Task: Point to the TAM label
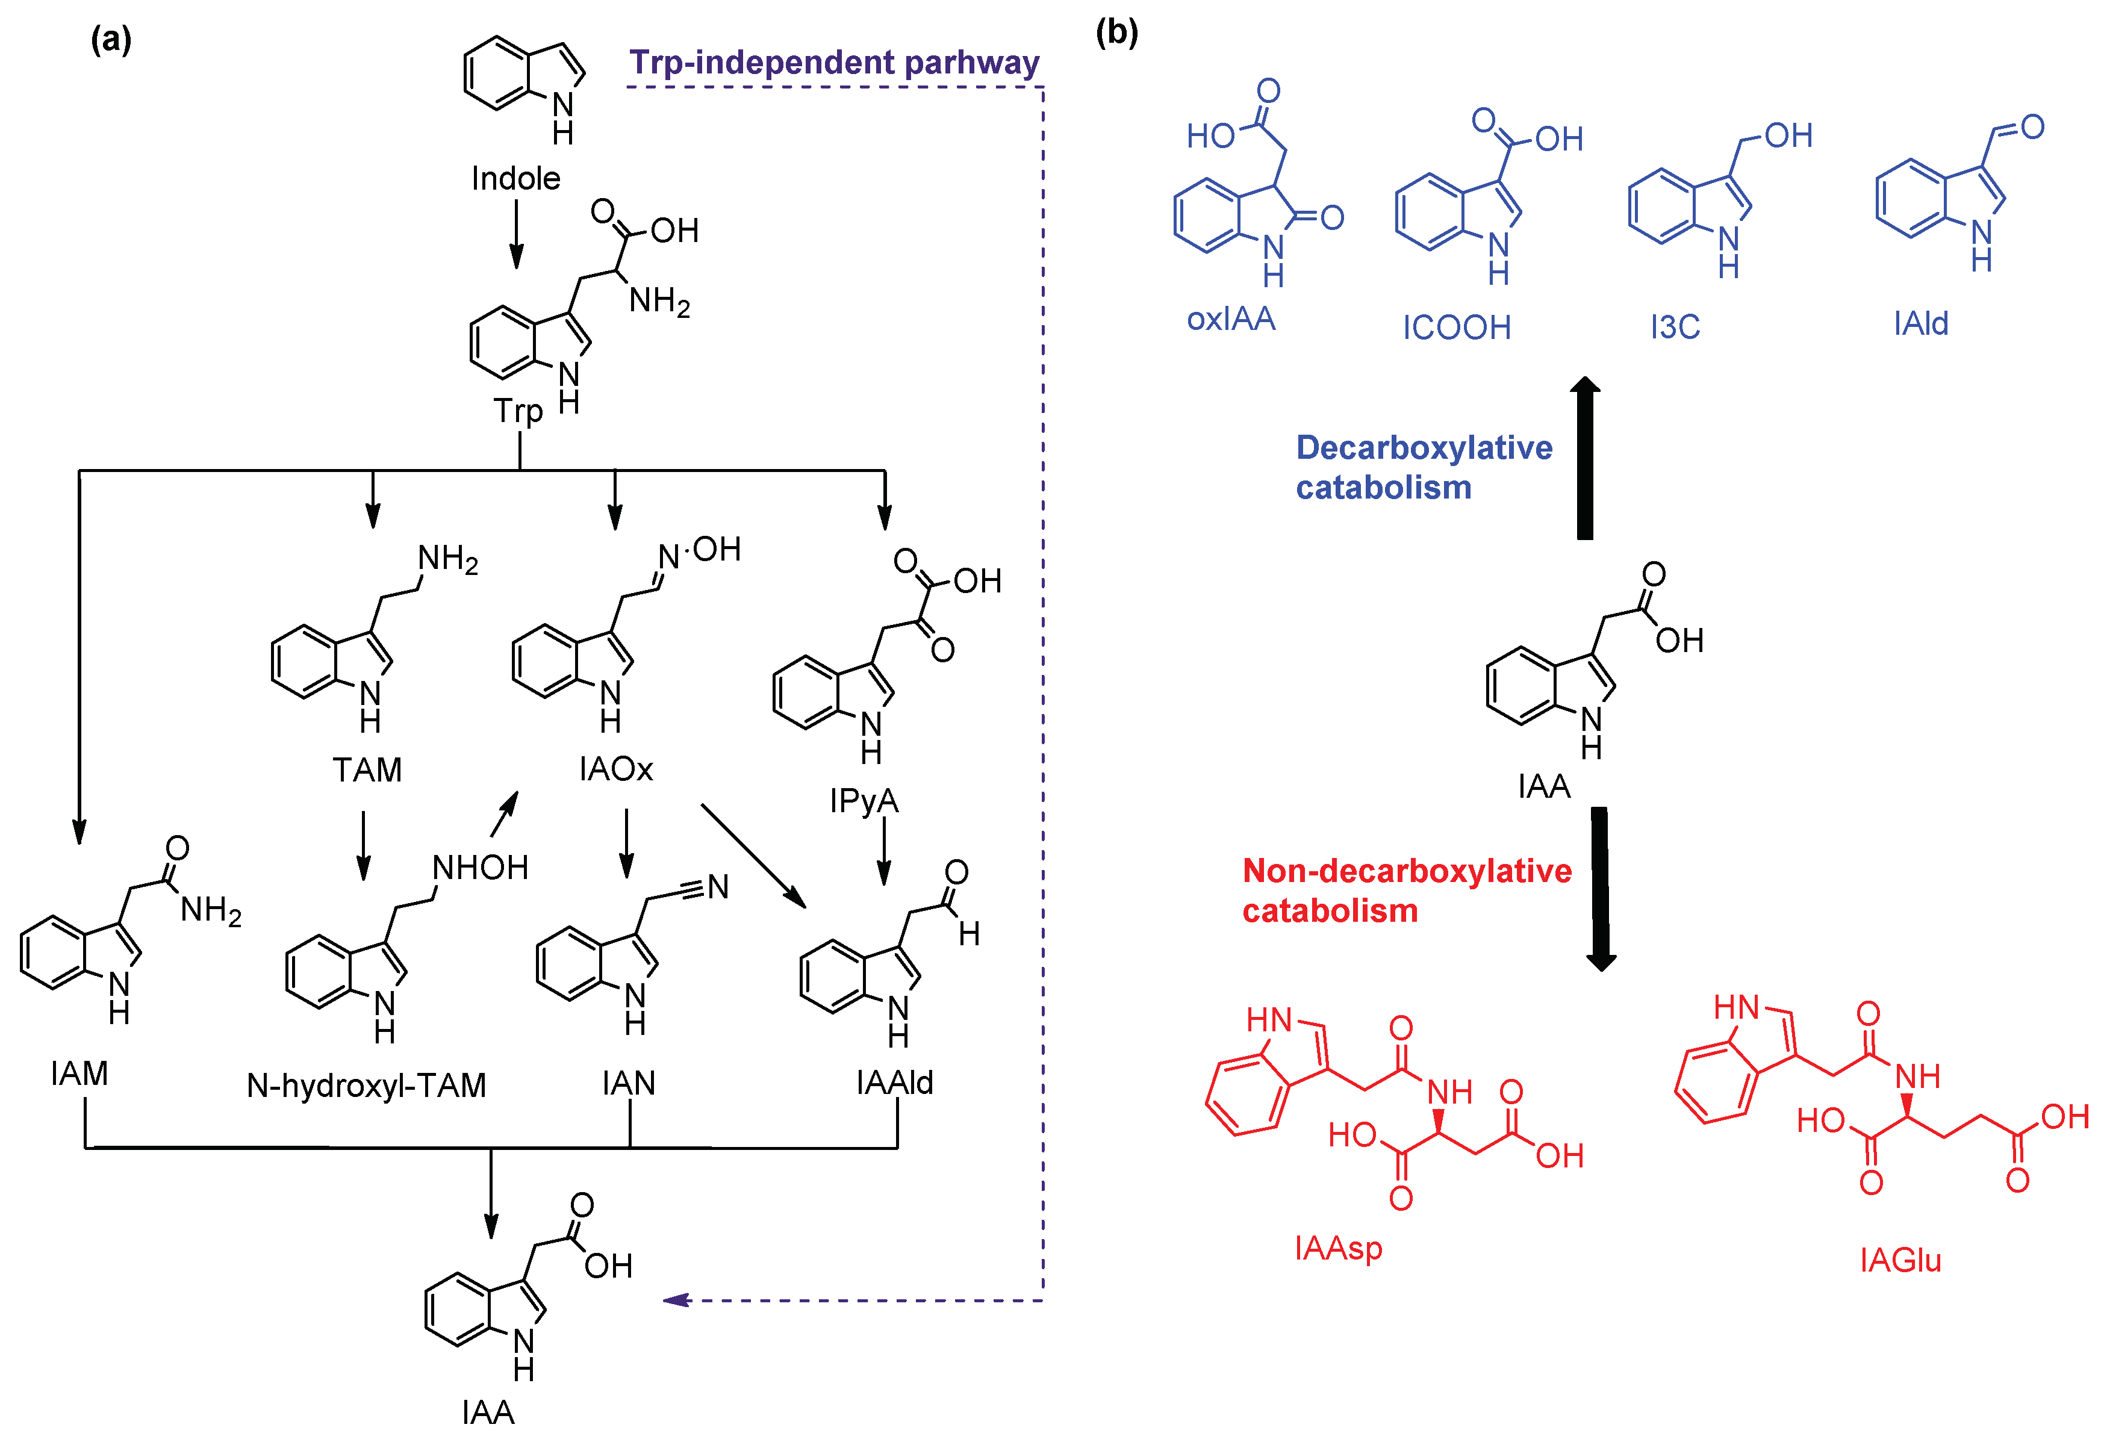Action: pos(367,769)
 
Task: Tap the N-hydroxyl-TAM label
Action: pos(367,1085)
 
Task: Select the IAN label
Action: pos(628,1083)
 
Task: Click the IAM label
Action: pos(80,1074)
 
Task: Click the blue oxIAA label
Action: pos(1231,318)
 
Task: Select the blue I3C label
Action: pos(1675,326)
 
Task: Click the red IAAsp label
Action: pos(1338,1248)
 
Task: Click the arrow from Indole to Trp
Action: pos(516,234)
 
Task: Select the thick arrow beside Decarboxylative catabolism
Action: pos(1585,458)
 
